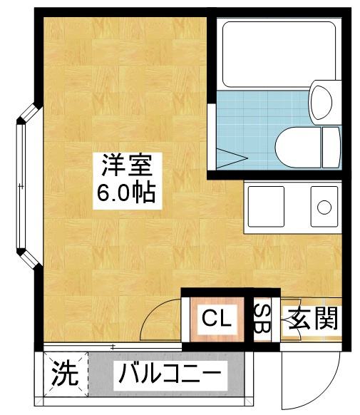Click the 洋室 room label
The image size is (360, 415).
[127, 165]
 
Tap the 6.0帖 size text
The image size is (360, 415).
[126, 193]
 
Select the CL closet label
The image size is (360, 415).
[217, 319]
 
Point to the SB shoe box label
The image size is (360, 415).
[262, 319]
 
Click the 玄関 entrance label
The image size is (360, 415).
[314, 319]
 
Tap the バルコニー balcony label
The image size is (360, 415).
[170, 375]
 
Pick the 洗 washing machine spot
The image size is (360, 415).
[65, 374]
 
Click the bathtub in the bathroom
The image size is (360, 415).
[279, 54]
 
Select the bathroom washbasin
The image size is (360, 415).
[322, 102]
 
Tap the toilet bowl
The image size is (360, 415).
[299, 147]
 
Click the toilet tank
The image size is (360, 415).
[331, 147]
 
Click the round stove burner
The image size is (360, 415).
[324, 207]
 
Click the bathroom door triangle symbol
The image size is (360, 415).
[232, 158]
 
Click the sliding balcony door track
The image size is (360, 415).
[113, 347]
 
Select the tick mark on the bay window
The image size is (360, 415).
[21, 186]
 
